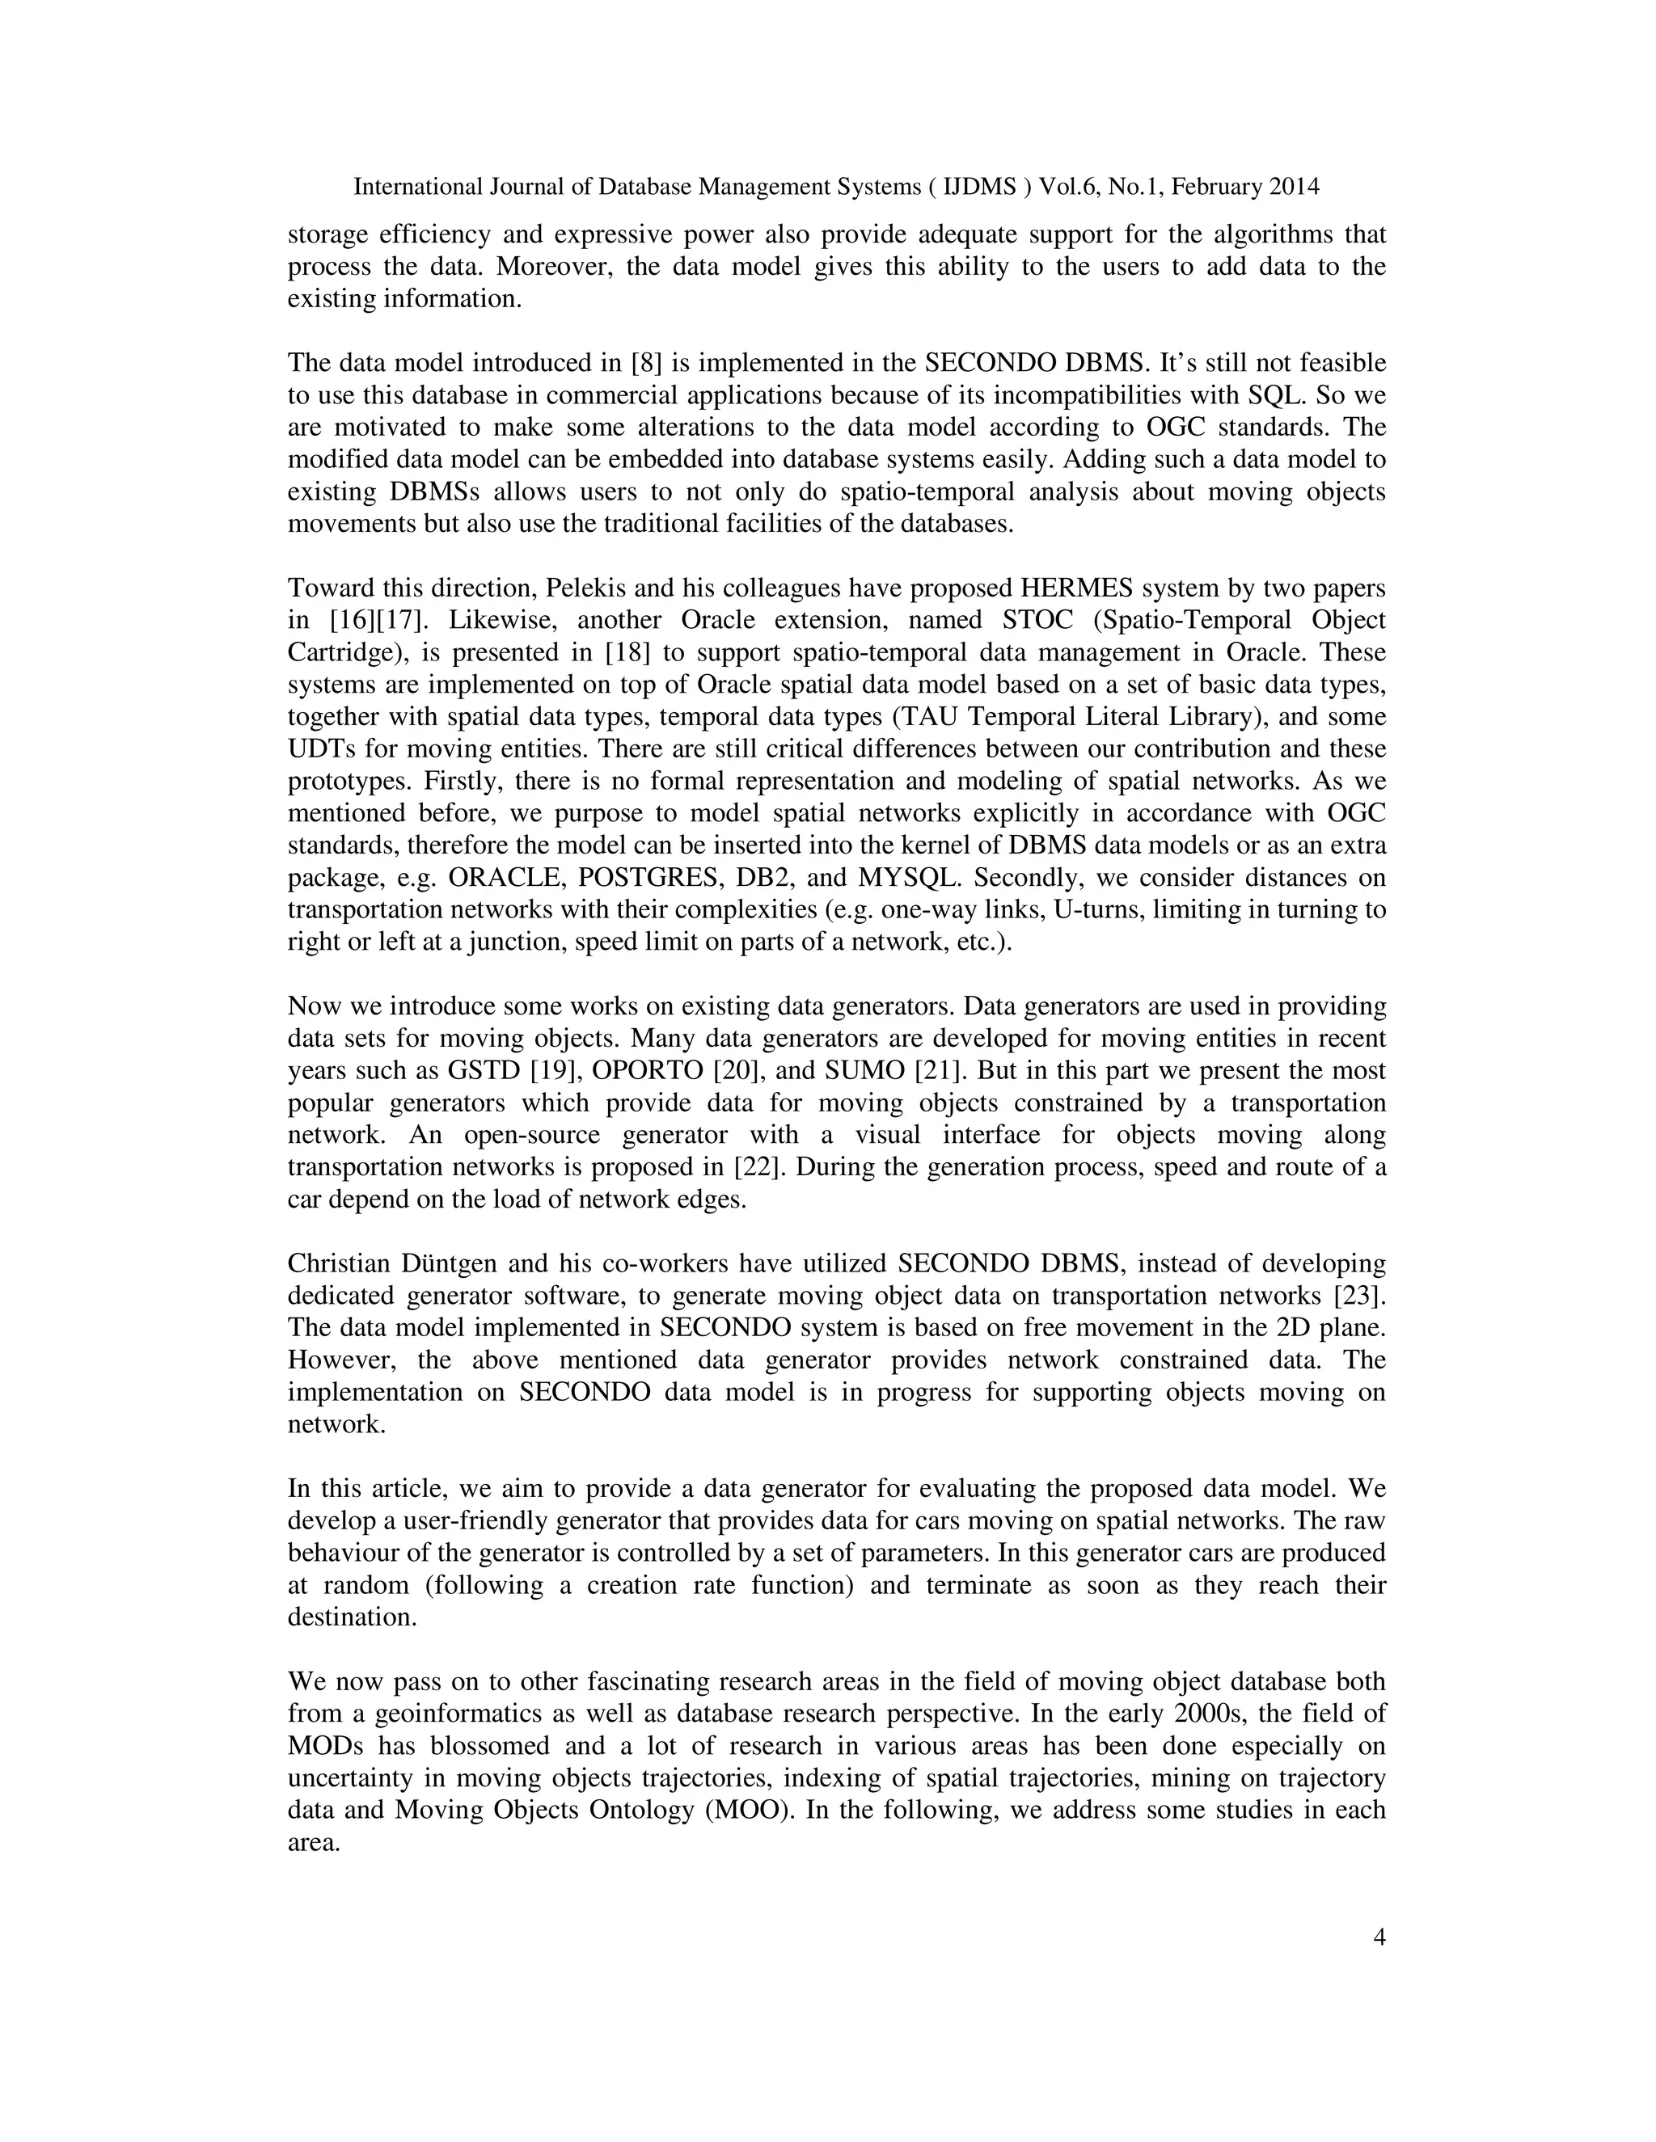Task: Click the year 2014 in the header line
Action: tap(1293, 187)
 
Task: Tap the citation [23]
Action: tap(1358, 1296)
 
